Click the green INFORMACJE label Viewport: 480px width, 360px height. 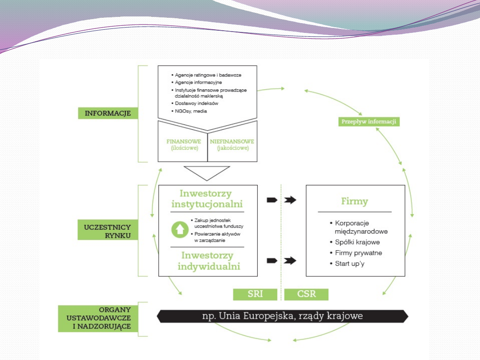(x=108, y=113)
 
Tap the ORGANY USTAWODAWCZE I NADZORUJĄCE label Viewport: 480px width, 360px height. (x=98, y=318)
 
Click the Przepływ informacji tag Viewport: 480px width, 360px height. (x=368, y=121)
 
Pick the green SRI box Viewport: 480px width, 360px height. (x=255, y=294)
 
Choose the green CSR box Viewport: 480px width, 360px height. (x=306, y=294)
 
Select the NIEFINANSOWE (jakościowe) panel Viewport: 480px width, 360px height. (x=232, y=144)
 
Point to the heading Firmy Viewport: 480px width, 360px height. (x=355, y=201)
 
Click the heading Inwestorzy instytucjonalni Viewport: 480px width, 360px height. (x=207, y=199)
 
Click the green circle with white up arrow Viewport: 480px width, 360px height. (x=180, y=229)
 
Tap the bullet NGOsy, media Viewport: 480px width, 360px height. (x=191, y=111)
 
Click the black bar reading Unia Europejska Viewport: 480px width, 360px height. (x=282, y=316)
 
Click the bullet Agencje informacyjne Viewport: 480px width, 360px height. (x=198, y=83)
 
